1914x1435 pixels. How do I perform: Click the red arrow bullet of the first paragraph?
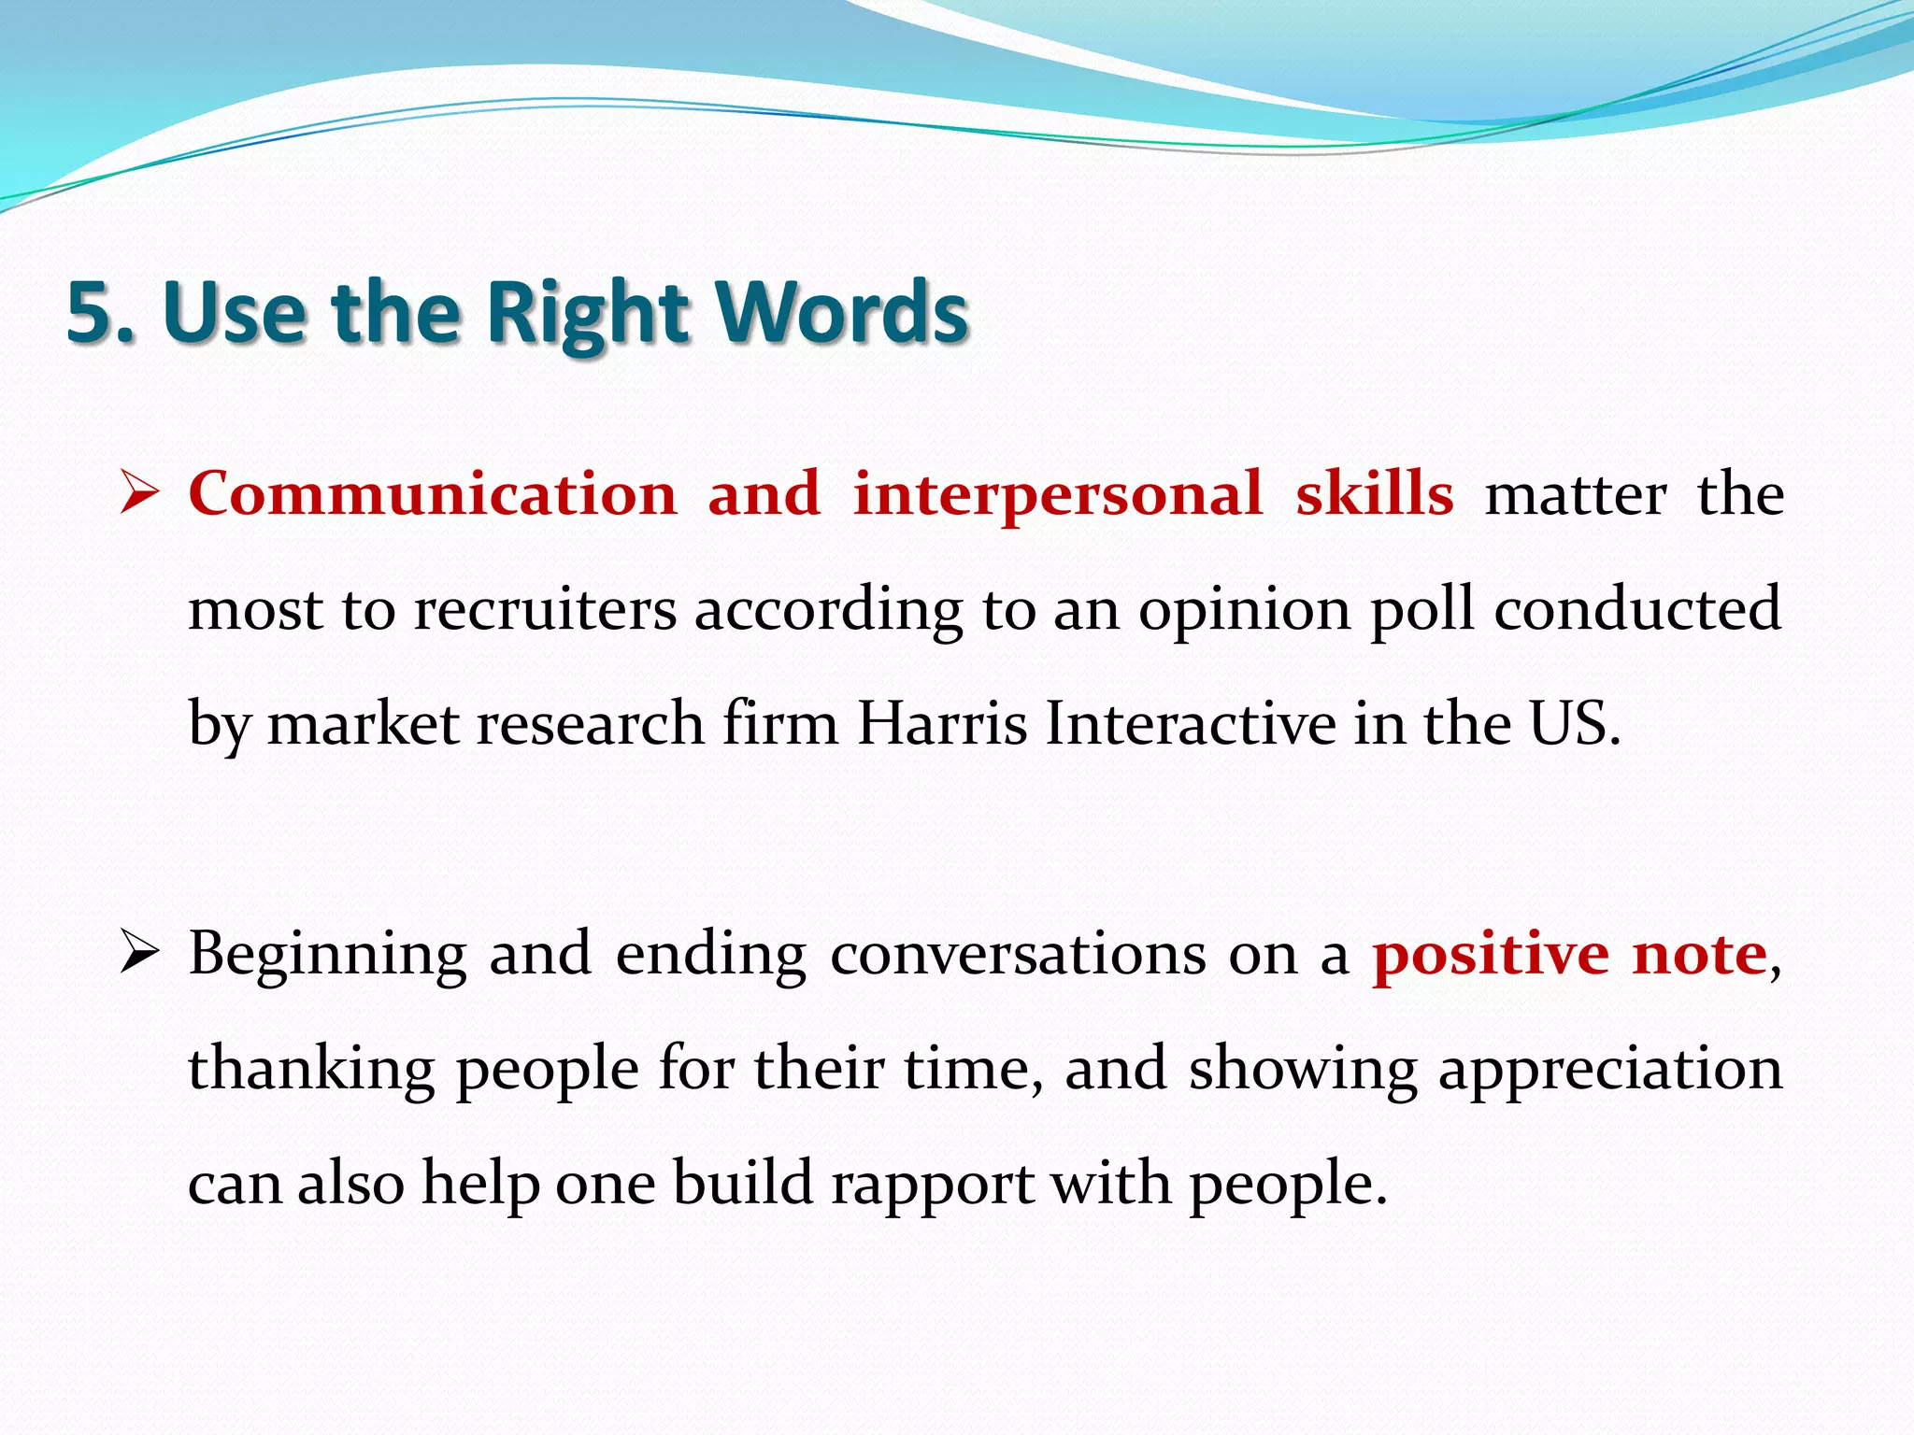click(x=140, y=493)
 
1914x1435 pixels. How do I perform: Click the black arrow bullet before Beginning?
click(x=140, y=955)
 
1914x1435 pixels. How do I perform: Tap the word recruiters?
click(x=545, y=609)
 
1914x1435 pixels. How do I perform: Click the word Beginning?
click(x=327, y=955)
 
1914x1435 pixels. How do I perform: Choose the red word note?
click(x=1699, y=955)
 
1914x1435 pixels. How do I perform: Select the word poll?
click(x=1422, y=609)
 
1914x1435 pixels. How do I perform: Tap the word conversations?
click(x=1018, y=955)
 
